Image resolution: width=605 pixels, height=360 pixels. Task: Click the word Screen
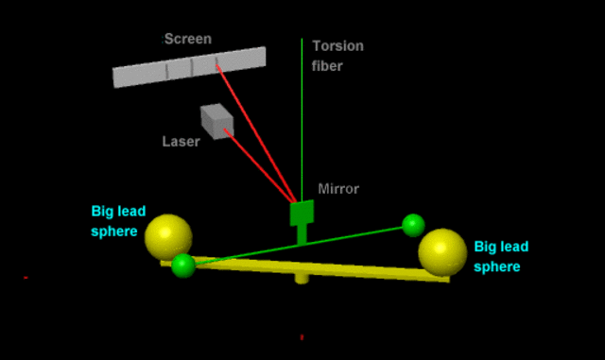coord(188,39)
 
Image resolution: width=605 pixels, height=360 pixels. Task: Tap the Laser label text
coord(181,141)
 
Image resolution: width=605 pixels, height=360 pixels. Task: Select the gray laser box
coord(216,122)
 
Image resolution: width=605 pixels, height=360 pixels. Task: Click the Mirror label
coord(339,189)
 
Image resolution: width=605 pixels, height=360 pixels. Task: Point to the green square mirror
coord(302,213)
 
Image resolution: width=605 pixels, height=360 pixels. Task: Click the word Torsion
coord(337,45)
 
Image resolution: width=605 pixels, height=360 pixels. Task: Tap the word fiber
coord(327,66)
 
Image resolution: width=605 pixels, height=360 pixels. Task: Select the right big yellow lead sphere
coord(442,252)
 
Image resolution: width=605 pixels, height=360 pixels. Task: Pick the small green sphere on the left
coord(183,266)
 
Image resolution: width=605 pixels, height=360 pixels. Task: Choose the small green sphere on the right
coord(413,225)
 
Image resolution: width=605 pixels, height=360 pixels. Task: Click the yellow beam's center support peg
coord(302,278)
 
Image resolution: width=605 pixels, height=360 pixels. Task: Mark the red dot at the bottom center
coord(302,337)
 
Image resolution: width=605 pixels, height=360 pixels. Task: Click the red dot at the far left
coord(26,277)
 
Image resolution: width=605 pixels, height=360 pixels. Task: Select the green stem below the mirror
coord(302,233)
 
